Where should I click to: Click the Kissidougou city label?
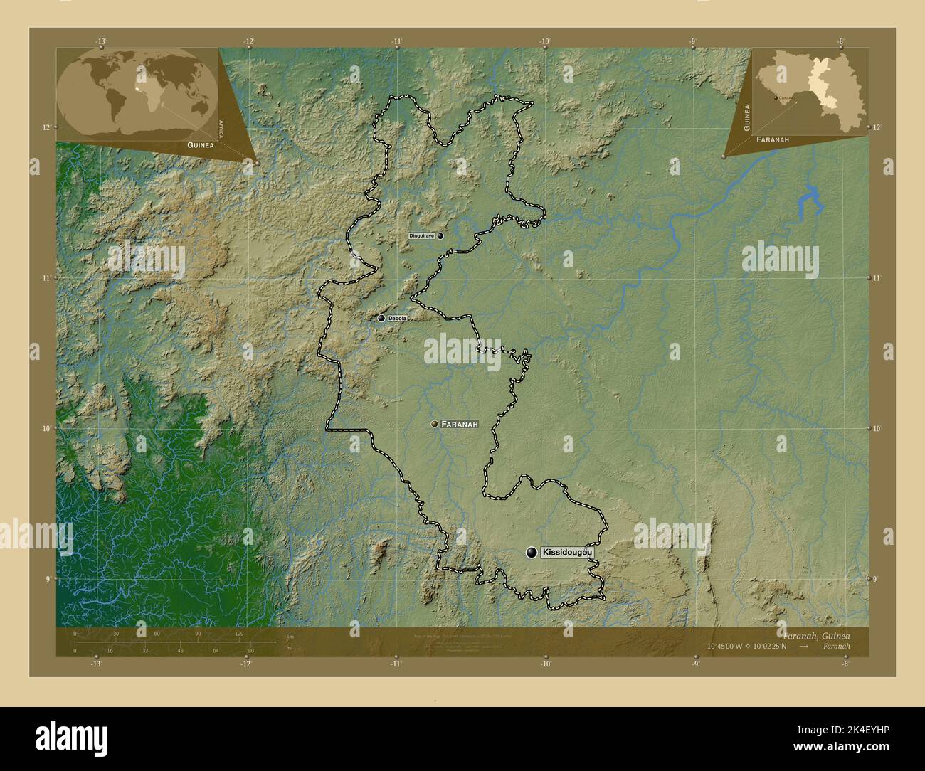[x=566, y=553]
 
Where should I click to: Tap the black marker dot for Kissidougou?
[x=532, y=553]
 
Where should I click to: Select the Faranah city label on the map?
[x=459, y=424]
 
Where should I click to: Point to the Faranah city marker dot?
[x=434, y=424]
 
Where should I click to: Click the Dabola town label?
[x=397, y=319]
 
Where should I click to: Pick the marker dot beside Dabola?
[x=381, y=319]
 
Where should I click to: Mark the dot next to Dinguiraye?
[x=440, y=235]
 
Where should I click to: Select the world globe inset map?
[x=137, y=92]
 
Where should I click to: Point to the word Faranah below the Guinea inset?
[x=773, y=140]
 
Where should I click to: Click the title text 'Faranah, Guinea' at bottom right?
[x=815, y=635]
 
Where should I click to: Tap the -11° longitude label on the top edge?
[x=396, y=42]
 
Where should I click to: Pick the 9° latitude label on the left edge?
[x=48, y=579]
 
